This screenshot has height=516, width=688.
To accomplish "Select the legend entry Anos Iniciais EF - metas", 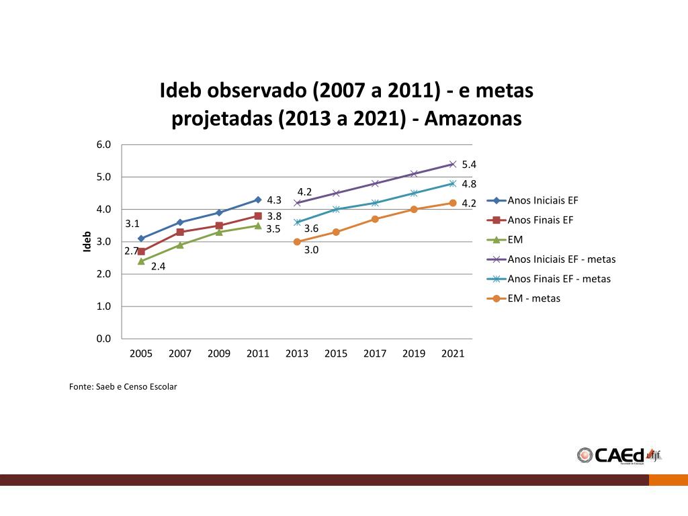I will (561, 259).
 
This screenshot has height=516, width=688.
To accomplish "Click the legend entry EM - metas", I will (533, 298).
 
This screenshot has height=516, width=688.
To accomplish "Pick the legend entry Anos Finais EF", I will (540, 220).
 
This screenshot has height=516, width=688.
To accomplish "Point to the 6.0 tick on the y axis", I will (103, 144).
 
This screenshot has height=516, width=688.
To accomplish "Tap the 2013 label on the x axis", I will (297, 354).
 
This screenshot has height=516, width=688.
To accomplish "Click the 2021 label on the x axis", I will (453, 354).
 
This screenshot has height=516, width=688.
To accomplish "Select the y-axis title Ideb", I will (87, 242).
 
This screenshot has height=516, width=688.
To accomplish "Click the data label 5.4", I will (469, 165).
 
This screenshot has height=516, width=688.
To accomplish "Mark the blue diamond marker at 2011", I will (258, 200).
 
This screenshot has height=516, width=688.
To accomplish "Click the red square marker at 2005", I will (141, 251).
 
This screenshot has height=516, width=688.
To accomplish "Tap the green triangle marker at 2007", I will (180, 245).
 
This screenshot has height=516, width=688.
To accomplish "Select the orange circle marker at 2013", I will (297, 242).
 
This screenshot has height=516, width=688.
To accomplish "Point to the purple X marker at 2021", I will (453, 164).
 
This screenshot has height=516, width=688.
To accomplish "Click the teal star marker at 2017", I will (375, 203).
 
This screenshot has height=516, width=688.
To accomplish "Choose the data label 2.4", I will (158, 266).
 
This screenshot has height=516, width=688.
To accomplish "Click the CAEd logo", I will (619, 455).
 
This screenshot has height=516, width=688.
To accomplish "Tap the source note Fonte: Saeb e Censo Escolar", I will (123, 386).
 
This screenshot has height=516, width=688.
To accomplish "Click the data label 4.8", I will (469, 183).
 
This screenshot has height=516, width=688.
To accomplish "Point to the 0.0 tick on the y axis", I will (103, 339).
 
